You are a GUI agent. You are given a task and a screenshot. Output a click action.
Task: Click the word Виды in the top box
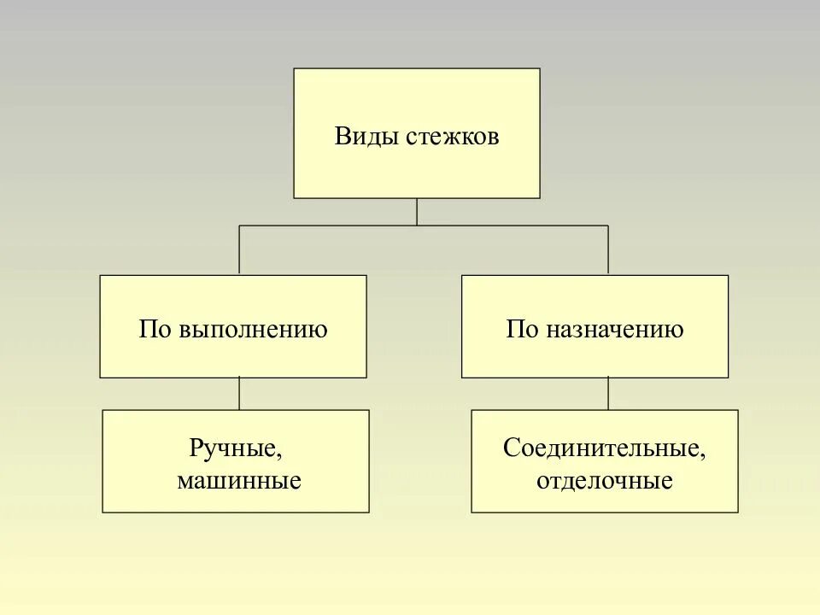point(359,138)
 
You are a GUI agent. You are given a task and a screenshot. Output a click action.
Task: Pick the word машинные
point(239,481)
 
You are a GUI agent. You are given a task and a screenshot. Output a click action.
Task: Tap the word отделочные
point(605,481)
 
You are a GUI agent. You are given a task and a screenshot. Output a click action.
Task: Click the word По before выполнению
point(155,330)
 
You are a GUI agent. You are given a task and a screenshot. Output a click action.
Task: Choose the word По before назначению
point(521,330)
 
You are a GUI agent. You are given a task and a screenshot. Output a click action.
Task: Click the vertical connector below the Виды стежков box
point(417,211)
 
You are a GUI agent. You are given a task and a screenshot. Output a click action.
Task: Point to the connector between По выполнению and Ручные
point(239,394)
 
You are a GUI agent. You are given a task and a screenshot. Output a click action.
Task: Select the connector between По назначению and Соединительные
point(608,394)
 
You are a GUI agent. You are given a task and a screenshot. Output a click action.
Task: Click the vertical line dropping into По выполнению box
point(239,250)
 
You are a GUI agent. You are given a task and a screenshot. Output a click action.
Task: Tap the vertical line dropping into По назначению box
point(608,250)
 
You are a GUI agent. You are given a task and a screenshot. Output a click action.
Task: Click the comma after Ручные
point(278,455)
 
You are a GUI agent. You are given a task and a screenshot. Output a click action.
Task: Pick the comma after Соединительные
point(704,455)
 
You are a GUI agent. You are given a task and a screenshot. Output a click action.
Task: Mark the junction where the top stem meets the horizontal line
point(417,225)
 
